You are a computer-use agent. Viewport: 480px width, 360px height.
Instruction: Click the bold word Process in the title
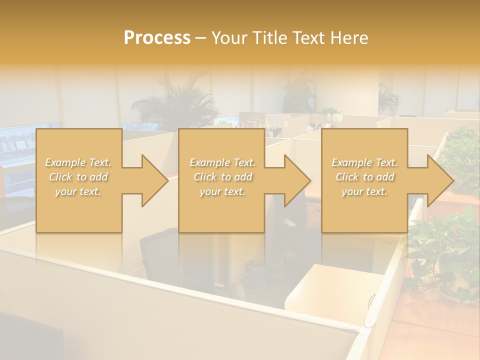click(157, 38)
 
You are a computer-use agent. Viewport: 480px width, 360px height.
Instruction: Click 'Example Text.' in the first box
click(78, 162)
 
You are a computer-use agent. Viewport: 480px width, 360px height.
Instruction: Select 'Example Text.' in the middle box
click(222, 162)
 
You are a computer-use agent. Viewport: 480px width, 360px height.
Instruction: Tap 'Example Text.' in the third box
click(364, 162)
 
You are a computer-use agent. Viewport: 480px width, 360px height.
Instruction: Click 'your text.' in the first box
click(78, 191)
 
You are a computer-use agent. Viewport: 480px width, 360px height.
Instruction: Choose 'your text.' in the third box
click(364, 191)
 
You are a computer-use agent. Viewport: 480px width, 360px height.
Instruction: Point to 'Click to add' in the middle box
click(222, 177)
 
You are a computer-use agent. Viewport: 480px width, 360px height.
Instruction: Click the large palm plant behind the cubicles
click(172, 105)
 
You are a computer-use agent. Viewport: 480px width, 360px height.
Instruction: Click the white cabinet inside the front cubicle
click(330, 287)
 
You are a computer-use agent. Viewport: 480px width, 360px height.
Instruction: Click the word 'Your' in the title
click(230, 38)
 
